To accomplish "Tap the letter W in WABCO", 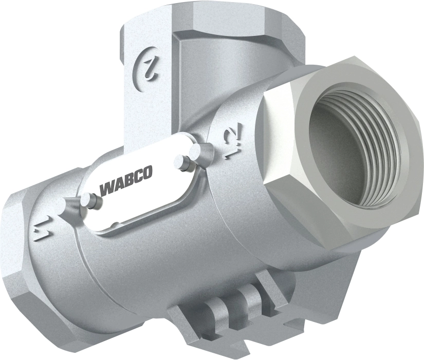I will tap(106, 190).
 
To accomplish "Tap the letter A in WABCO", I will tap(117, 186).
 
